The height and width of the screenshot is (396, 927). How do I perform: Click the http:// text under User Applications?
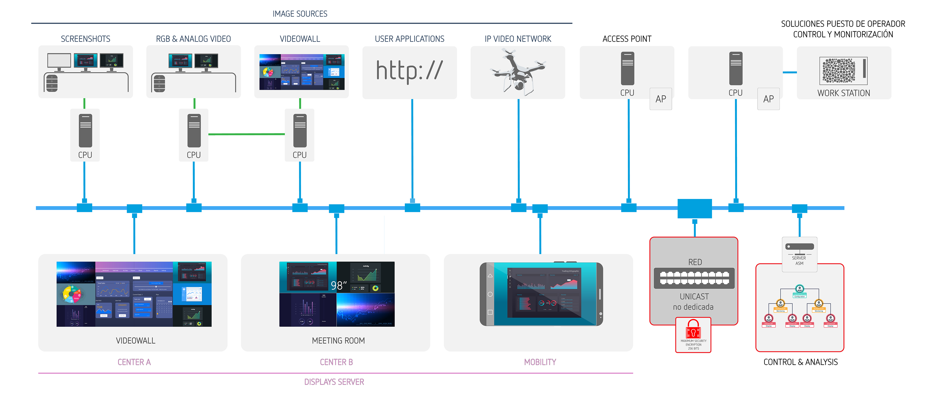point(409,71)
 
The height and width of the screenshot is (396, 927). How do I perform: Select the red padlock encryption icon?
point(693,328)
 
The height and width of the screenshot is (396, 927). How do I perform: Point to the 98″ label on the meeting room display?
point(338,286)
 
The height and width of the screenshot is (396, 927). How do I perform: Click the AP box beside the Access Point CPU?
point(660,99)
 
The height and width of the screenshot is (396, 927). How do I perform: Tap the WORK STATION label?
point(844,93)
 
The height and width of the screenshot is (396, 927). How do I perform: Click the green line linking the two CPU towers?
point(247,134)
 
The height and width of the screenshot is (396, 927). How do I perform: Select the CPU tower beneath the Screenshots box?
point(85,131)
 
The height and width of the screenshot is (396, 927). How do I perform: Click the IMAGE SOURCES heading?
point(300,14)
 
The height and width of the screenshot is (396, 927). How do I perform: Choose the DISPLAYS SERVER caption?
point(334,382)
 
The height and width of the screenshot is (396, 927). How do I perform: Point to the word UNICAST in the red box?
point(694,296)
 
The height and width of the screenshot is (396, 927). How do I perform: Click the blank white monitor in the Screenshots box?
point(59,60)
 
